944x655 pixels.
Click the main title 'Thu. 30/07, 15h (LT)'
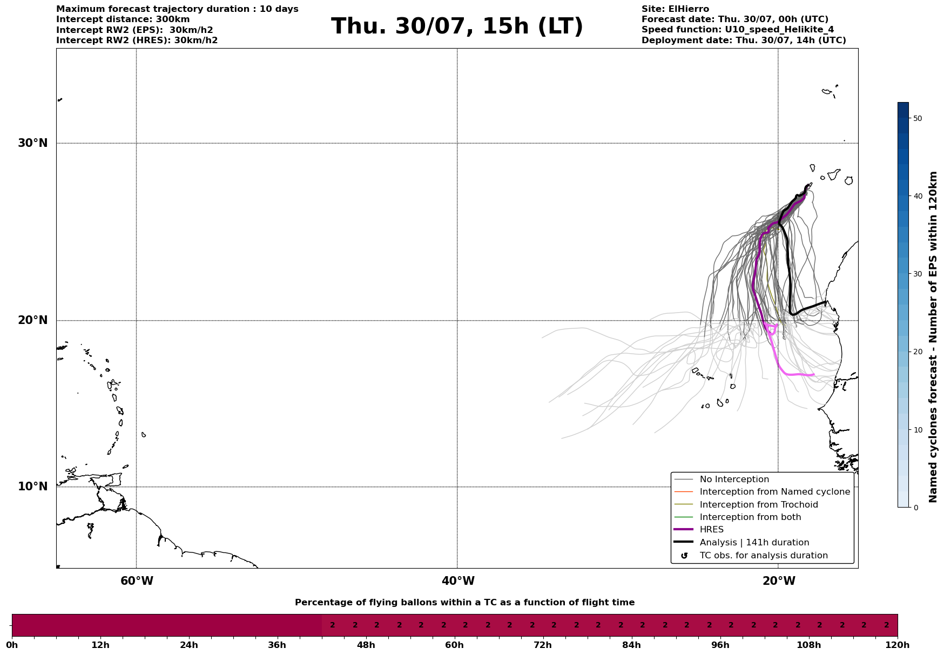(x=457, y=26)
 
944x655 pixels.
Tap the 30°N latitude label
(x=33, y=143)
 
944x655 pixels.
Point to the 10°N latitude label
(x=33, y=487)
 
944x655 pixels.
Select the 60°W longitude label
(x=137, y=581)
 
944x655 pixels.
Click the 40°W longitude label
(x=458, y=581)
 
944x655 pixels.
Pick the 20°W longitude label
(x=779, y=581)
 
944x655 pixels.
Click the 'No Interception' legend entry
(x=734, y=480)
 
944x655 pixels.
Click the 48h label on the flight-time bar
(x=366, y=645)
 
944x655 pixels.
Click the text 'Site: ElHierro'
(x=675, y=9)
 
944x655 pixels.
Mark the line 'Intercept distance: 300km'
(x=123, y=19)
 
